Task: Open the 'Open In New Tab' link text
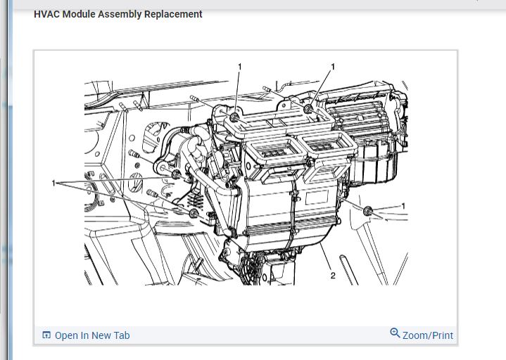[x=92, y=335]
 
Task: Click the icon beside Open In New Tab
[x=46, y=335]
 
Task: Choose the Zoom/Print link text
[x=428, y=335]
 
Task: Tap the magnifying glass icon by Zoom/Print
[x=395, y=333]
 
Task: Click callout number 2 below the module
[x=333, y=276]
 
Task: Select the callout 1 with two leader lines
[x=53, y=183]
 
